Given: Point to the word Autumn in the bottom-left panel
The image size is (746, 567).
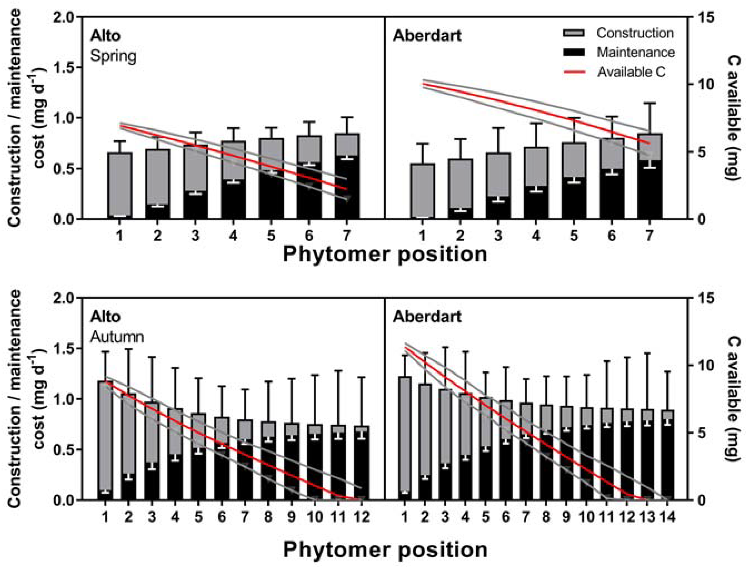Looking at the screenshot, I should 117,337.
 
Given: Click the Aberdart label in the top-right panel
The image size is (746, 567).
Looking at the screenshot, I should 427,36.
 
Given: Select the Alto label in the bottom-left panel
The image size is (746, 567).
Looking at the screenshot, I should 105,317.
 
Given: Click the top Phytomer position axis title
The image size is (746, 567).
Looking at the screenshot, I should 385,254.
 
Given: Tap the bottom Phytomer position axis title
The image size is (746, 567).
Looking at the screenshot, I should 385,549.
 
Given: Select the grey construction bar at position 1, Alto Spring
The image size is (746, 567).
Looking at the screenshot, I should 120,184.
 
